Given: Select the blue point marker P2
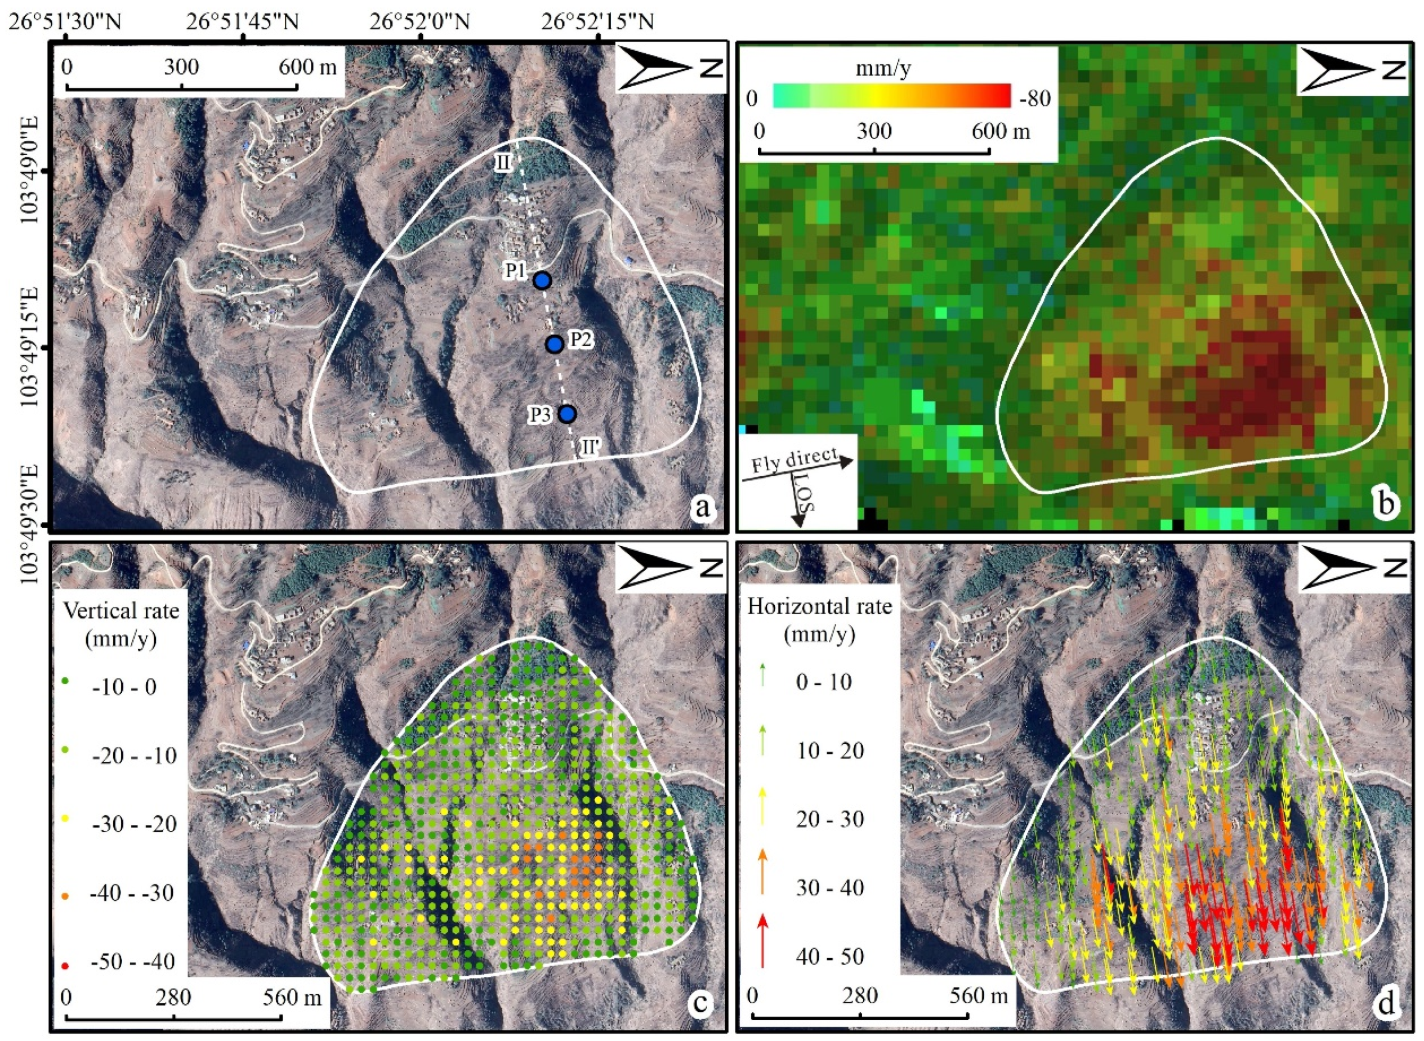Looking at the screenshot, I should pos(555,344).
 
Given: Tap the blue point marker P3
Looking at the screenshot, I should pos(568,414).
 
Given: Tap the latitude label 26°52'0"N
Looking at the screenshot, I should pos(419,22).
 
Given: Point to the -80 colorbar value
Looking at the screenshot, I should pos(1034,99).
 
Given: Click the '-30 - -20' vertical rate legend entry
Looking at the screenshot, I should pos(133,824).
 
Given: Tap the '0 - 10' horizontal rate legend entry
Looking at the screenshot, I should pos(824,682).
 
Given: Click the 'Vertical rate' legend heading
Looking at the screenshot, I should pos(121,611).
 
